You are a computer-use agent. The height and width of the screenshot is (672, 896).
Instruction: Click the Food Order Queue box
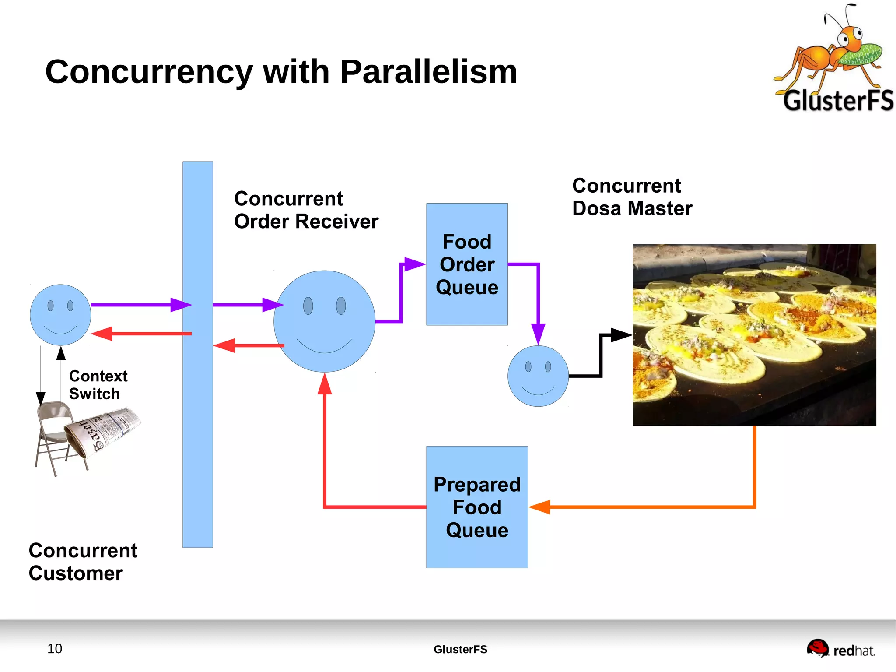[467, 264]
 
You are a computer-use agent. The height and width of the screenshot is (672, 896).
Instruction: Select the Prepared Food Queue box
[477, 507]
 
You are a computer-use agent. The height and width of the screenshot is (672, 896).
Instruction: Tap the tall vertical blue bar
[197, 438]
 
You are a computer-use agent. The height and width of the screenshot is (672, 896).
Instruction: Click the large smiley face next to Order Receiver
[324, 321]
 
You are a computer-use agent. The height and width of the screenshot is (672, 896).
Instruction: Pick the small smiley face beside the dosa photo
[538, 376]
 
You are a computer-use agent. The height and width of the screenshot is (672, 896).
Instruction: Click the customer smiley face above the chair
[60, 315]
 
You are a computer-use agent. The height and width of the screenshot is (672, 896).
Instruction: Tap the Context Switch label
[98, 385]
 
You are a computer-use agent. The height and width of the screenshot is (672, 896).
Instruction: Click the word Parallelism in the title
[428, 72]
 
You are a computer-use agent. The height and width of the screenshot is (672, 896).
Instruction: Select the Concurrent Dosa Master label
[632, 197]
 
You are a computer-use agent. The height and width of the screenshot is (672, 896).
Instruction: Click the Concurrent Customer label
[83, 562]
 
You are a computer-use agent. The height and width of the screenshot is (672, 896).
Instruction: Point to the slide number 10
[55, 648]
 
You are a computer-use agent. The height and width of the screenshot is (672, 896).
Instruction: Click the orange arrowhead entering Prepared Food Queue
[540, 507]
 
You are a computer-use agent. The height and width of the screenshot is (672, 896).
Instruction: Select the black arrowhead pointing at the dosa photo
[621, 335]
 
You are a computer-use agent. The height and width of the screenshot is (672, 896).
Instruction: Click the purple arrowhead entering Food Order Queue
[414, 264]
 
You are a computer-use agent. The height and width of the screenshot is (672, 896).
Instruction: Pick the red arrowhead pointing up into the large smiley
[324, 385]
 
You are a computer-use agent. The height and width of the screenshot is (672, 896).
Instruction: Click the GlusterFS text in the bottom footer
[460, 649]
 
